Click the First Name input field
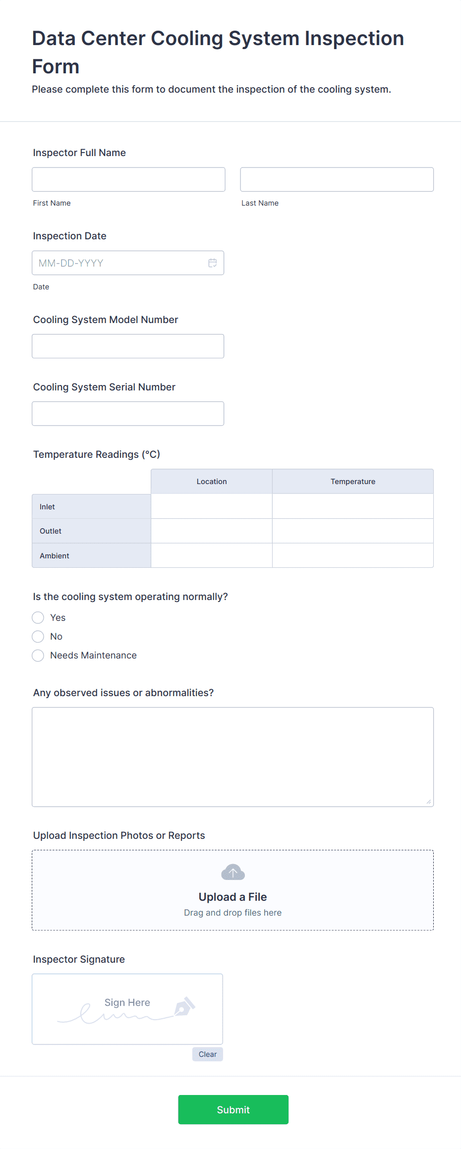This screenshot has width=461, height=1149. point(128,179)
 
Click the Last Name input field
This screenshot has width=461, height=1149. point(337,179)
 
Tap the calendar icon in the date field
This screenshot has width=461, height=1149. point(212,263)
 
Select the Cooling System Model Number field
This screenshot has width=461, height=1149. point(128,346)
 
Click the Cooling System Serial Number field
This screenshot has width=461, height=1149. point(128,414)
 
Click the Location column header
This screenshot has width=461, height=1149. point(212,482)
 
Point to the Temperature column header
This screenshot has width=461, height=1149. point(353,482)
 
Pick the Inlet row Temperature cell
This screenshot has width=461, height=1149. point(353,506)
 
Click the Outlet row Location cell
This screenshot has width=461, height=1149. point(212,531)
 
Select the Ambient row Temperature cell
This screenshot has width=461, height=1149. point(353,555)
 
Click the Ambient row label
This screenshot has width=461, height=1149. point(55,556)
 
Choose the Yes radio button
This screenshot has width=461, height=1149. point(38,618)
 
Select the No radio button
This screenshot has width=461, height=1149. point(38,637)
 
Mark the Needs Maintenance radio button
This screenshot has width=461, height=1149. point(38,656)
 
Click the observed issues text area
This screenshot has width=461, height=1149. point(232,757)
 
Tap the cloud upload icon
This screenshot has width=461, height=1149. point(232,872)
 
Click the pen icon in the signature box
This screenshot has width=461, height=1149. point(184,1006)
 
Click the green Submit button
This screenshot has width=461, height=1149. point(233,1110)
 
